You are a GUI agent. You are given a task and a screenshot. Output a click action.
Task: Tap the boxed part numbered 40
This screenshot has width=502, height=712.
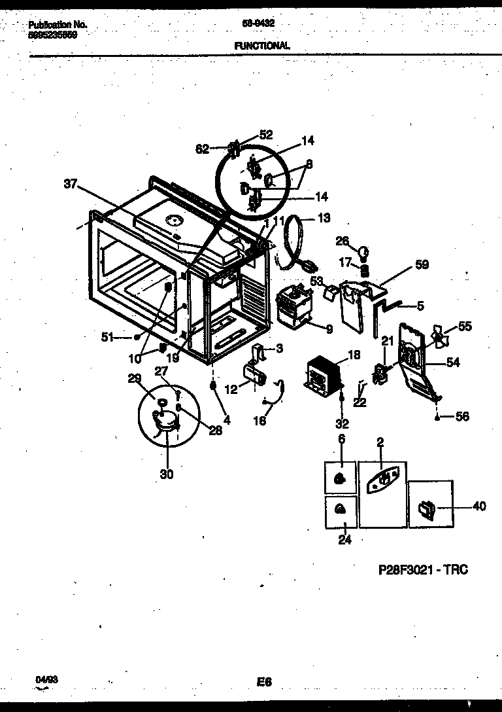426,507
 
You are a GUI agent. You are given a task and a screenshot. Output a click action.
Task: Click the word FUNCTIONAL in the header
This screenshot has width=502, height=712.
261,45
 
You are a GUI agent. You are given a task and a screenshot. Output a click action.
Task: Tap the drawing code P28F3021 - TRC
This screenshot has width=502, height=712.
424,569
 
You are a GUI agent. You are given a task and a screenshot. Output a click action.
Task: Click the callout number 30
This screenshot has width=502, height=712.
167,474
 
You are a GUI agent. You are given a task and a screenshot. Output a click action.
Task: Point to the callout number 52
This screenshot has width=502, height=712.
265,135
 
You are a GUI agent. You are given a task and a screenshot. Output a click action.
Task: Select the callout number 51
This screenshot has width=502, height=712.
108,337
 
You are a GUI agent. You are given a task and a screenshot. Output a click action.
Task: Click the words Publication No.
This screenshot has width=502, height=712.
58,24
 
